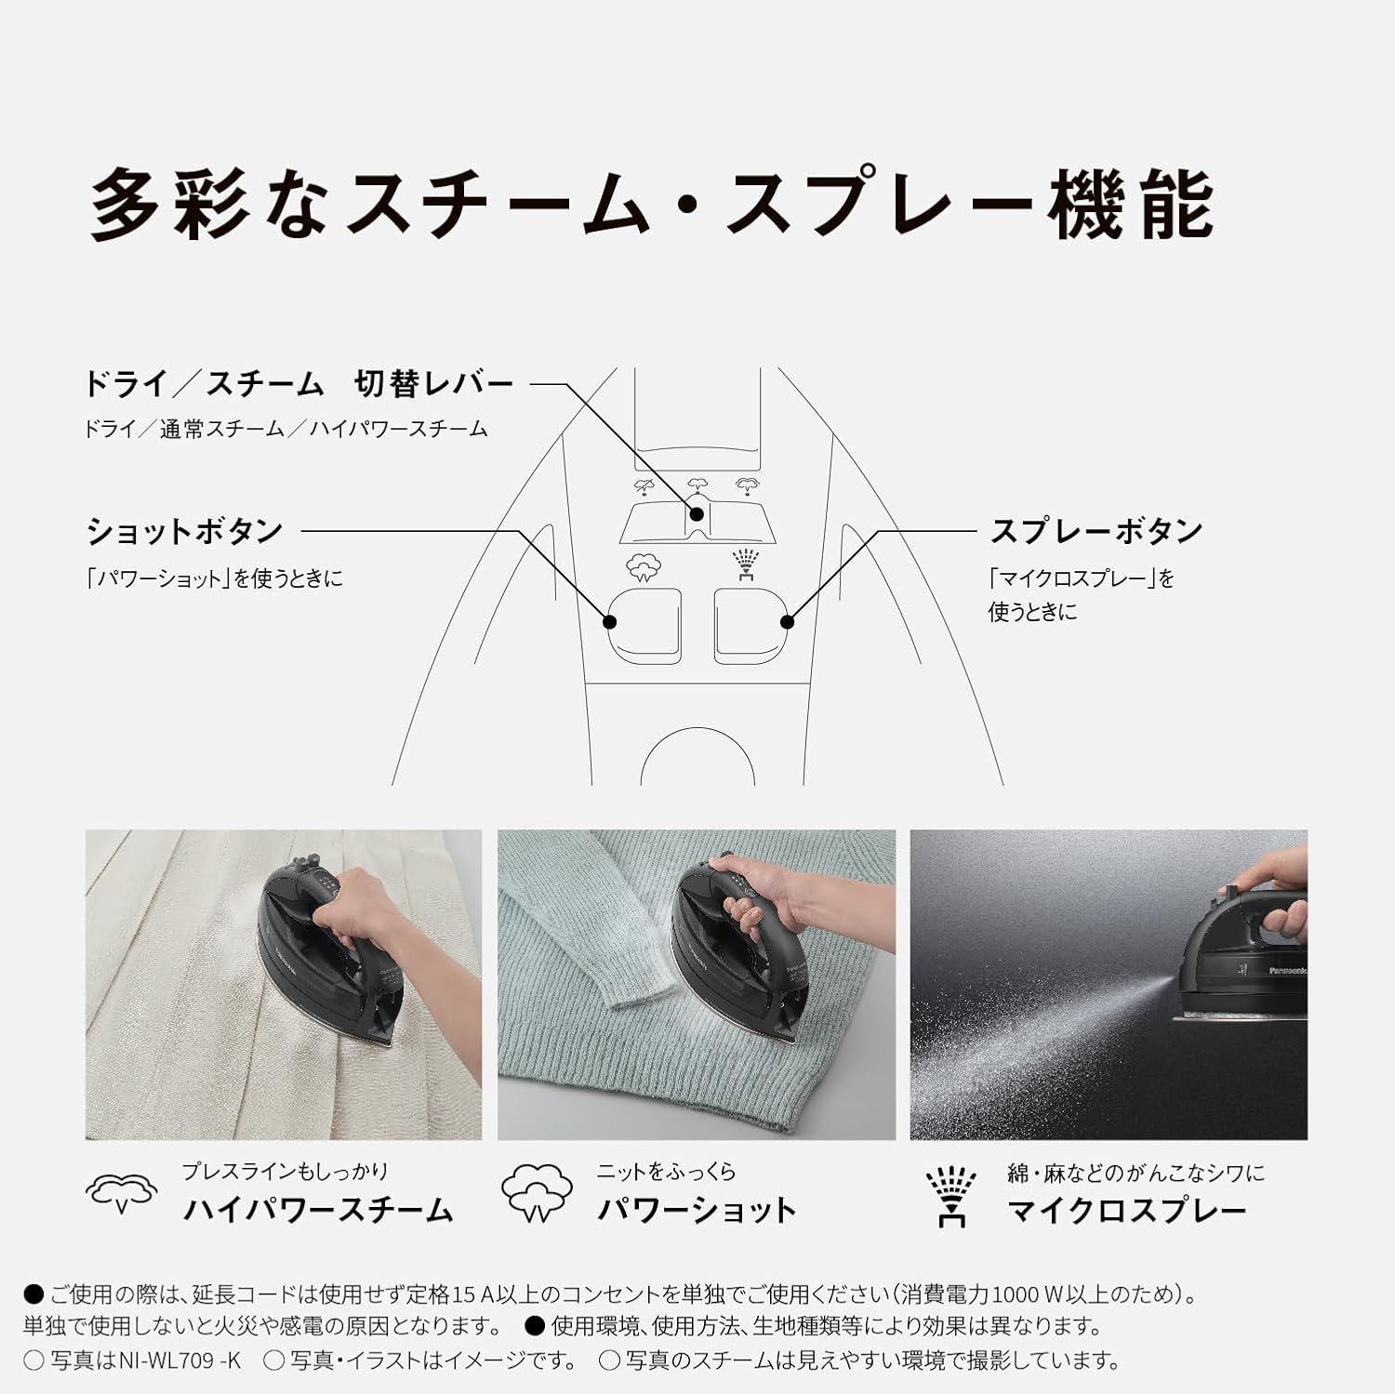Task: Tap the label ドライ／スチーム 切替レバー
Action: pyautogui.click(x=298, y=383)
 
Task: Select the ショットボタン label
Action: pyautogui.click(x=184, y=531)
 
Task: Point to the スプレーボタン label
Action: pyautogui.click(x=1096, y=531)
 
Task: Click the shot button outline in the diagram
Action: pyautogui.click(x=644, y=622)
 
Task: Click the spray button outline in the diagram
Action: pyautogui.click(x=751, y=622)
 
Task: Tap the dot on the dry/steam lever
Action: pyautogui.click(x=697, y=513)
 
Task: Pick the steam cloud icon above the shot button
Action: pyautogui.click(x=644, y=565)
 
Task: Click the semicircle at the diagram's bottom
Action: pyautogui.click(x=697, y=758)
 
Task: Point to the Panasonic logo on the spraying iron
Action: pyautogui.click(x=1288, y=971)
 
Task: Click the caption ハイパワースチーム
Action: pyautogui.click(x=317, y=1210)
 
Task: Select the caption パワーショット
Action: pyautogui.click(x=697, y=1210)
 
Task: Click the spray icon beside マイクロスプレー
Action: pyautogui.click(x=951, y=1196)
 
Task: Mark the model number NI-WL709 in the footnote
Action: pyautogui.click(x=179, y=1361)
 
